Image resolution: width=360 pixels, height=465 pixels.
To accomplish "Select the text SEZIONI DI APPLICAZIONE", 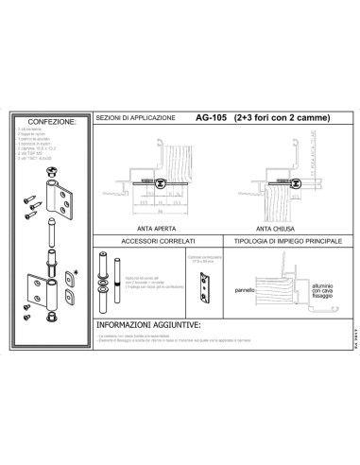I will [x=135, y=118].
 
